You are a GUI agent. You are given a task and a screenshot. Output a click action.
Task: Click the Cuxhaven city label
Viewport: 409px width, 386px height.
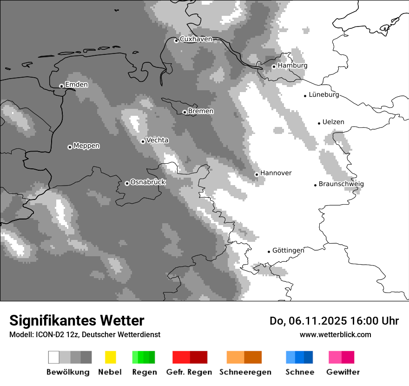(196, 39)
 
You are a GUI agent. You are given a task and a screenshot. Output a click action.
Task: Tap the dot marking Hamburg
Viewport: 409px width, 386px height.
(274, 67)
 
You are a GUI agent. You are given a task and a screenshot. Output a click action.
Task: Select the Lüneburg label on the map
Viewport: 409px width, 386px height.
(324, 95)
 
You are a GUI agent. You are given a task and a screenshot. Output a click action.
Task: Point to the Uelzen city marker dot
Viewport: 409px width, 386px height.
(319, 123)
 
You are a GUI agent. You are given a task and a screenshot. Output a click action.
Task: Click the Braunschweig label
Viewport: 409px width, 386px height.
(341, 184)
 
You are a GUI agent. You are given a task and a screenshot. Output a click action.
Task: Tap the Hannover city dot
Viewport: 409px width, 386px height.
(257, 174)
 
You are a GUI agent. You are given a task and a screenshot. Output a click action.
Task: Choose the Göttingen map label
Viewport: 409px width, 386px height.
(288, 251)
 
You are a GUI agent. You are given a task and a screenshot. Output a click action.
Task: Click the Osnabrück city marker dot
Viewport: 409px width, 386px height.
(127, 183)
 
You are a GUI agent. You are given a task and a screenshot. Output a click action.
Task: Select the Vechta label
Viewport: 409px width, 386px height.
(157, 140)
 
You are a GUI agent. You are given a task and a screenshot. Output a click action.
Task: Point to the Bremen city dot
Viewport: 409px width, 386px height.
(185, 112)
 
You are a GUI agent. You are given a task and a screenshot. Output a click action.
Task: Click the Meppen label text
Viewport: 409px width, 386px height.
(86, 146)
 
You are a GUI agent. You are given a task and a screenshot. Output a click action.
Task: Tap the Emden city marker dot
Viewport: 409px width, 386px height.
(61, 86)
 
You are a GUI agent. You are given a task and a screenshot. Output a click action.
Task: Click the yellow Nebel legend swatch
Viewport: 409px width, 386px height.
(110, 357)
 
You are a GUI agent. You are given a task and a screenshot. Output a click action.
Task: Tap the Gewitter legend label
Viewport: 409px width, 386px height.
(343, 372)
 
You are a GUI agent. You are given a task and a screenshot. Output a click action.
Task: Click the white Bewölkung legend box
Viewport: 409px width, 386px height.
(54, 357)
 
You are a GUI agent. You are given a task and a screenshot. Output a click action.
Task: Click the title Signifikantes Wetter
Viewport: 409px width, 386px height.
(77, 321)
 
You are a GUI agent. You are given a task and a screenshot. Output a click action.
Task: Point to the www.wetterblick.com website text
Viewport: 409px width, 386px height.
(335, 334)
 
